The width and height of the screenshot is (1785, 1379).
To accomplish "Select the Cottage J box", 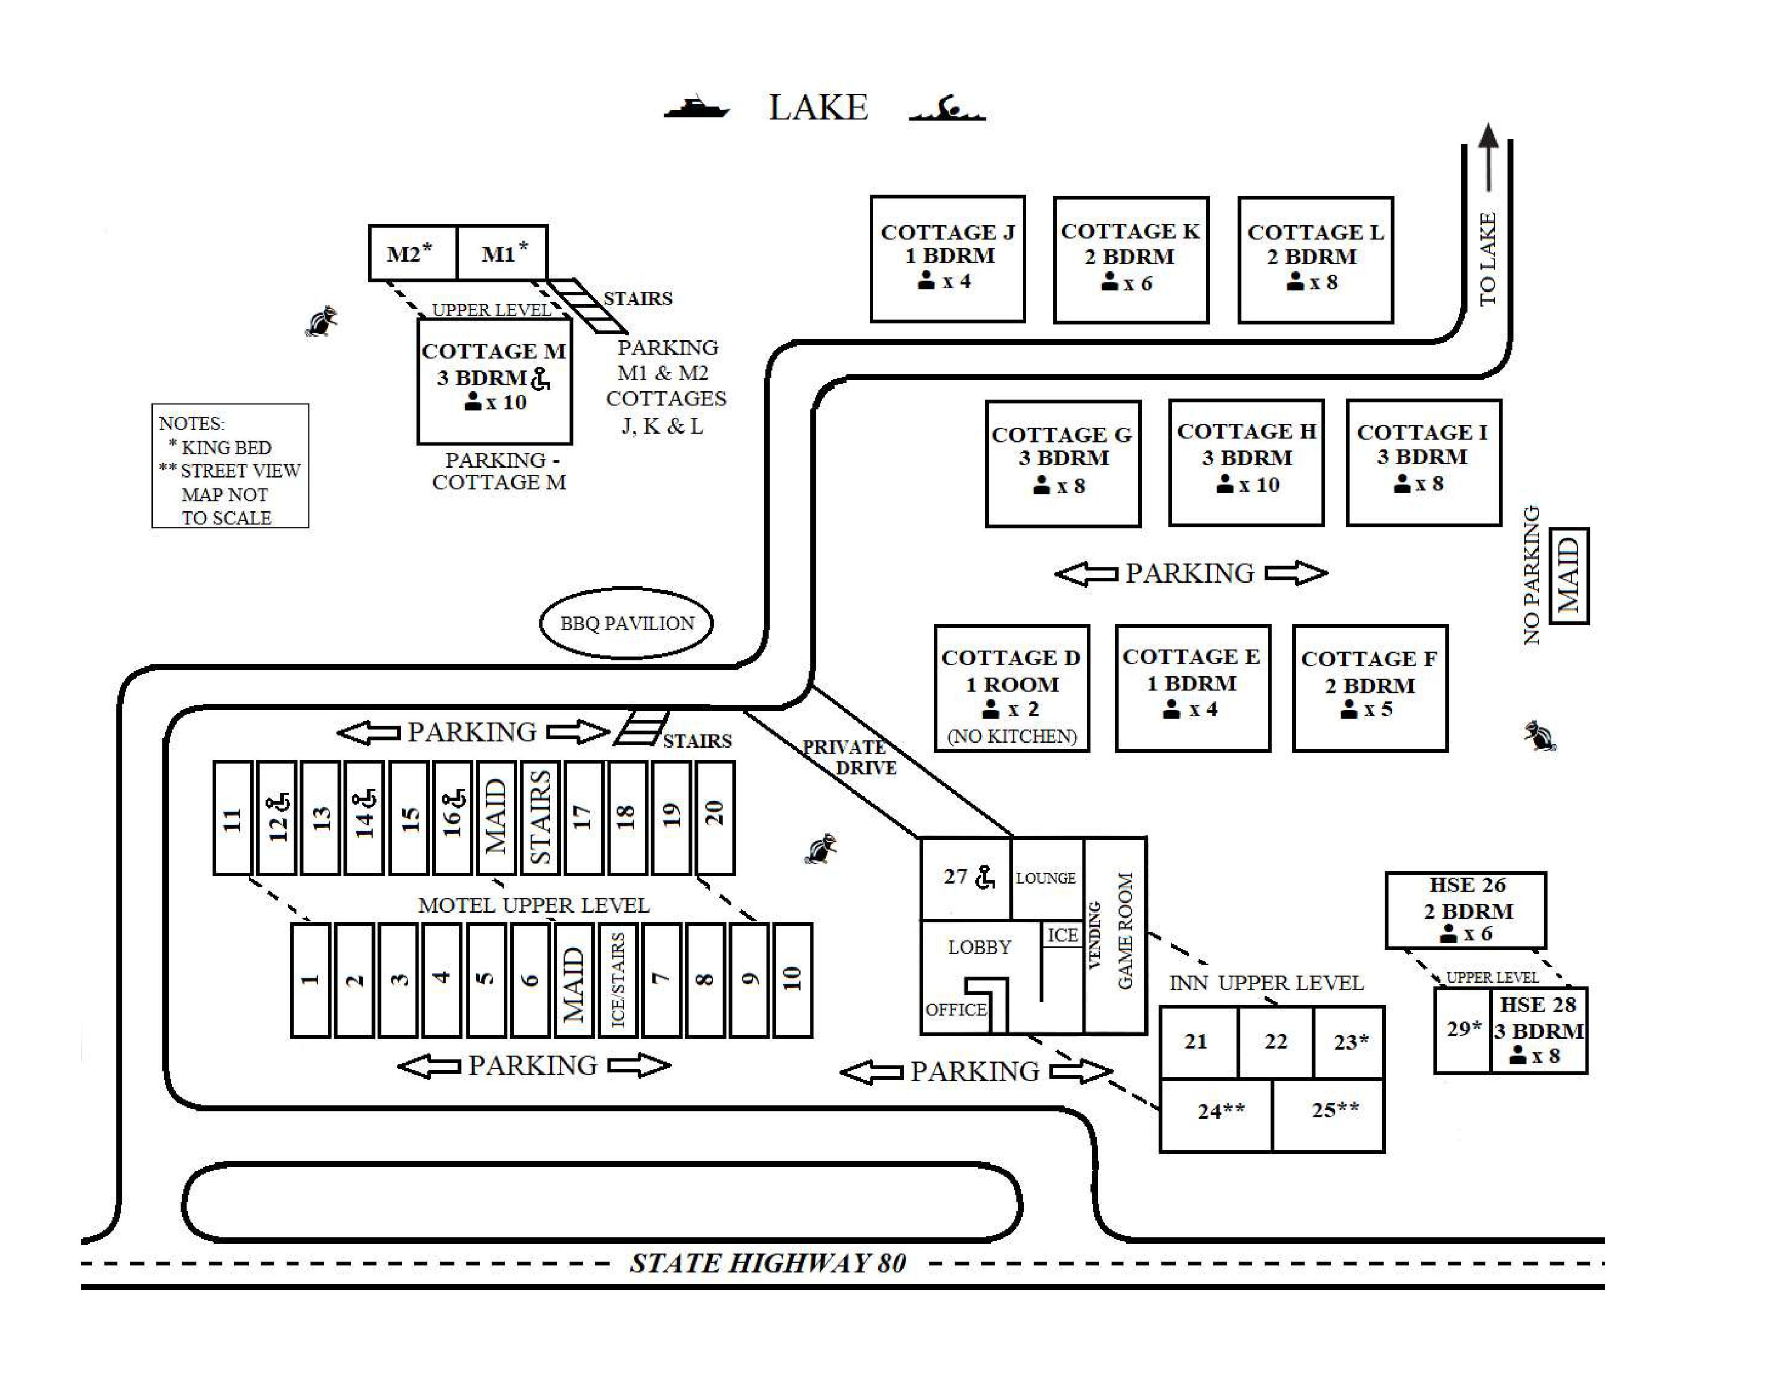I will pos(947,259).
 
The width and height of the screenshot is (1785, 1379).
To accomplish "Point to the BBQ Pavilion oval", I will pos(626,624).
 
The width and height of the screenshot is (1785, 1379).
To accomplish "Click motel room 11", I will pos(232,818).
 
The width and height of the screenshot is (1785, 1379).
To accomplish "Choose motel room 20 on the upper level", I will pos(715,818).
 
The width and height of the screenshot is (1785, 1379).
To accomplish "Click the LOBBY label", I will pos(979,947).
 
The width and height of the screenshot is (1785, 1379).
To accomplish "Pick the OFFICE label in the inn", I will pos(955,1010).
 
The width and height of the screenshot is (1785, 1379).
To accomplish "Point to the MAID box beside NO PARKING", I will pos(1569,576).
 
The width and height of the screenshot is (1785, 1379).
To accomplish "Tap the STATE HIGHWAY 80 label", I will pos(768,1263).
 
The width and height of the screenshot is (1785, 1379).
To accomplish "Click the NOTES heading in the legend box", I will pos(191,424).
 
